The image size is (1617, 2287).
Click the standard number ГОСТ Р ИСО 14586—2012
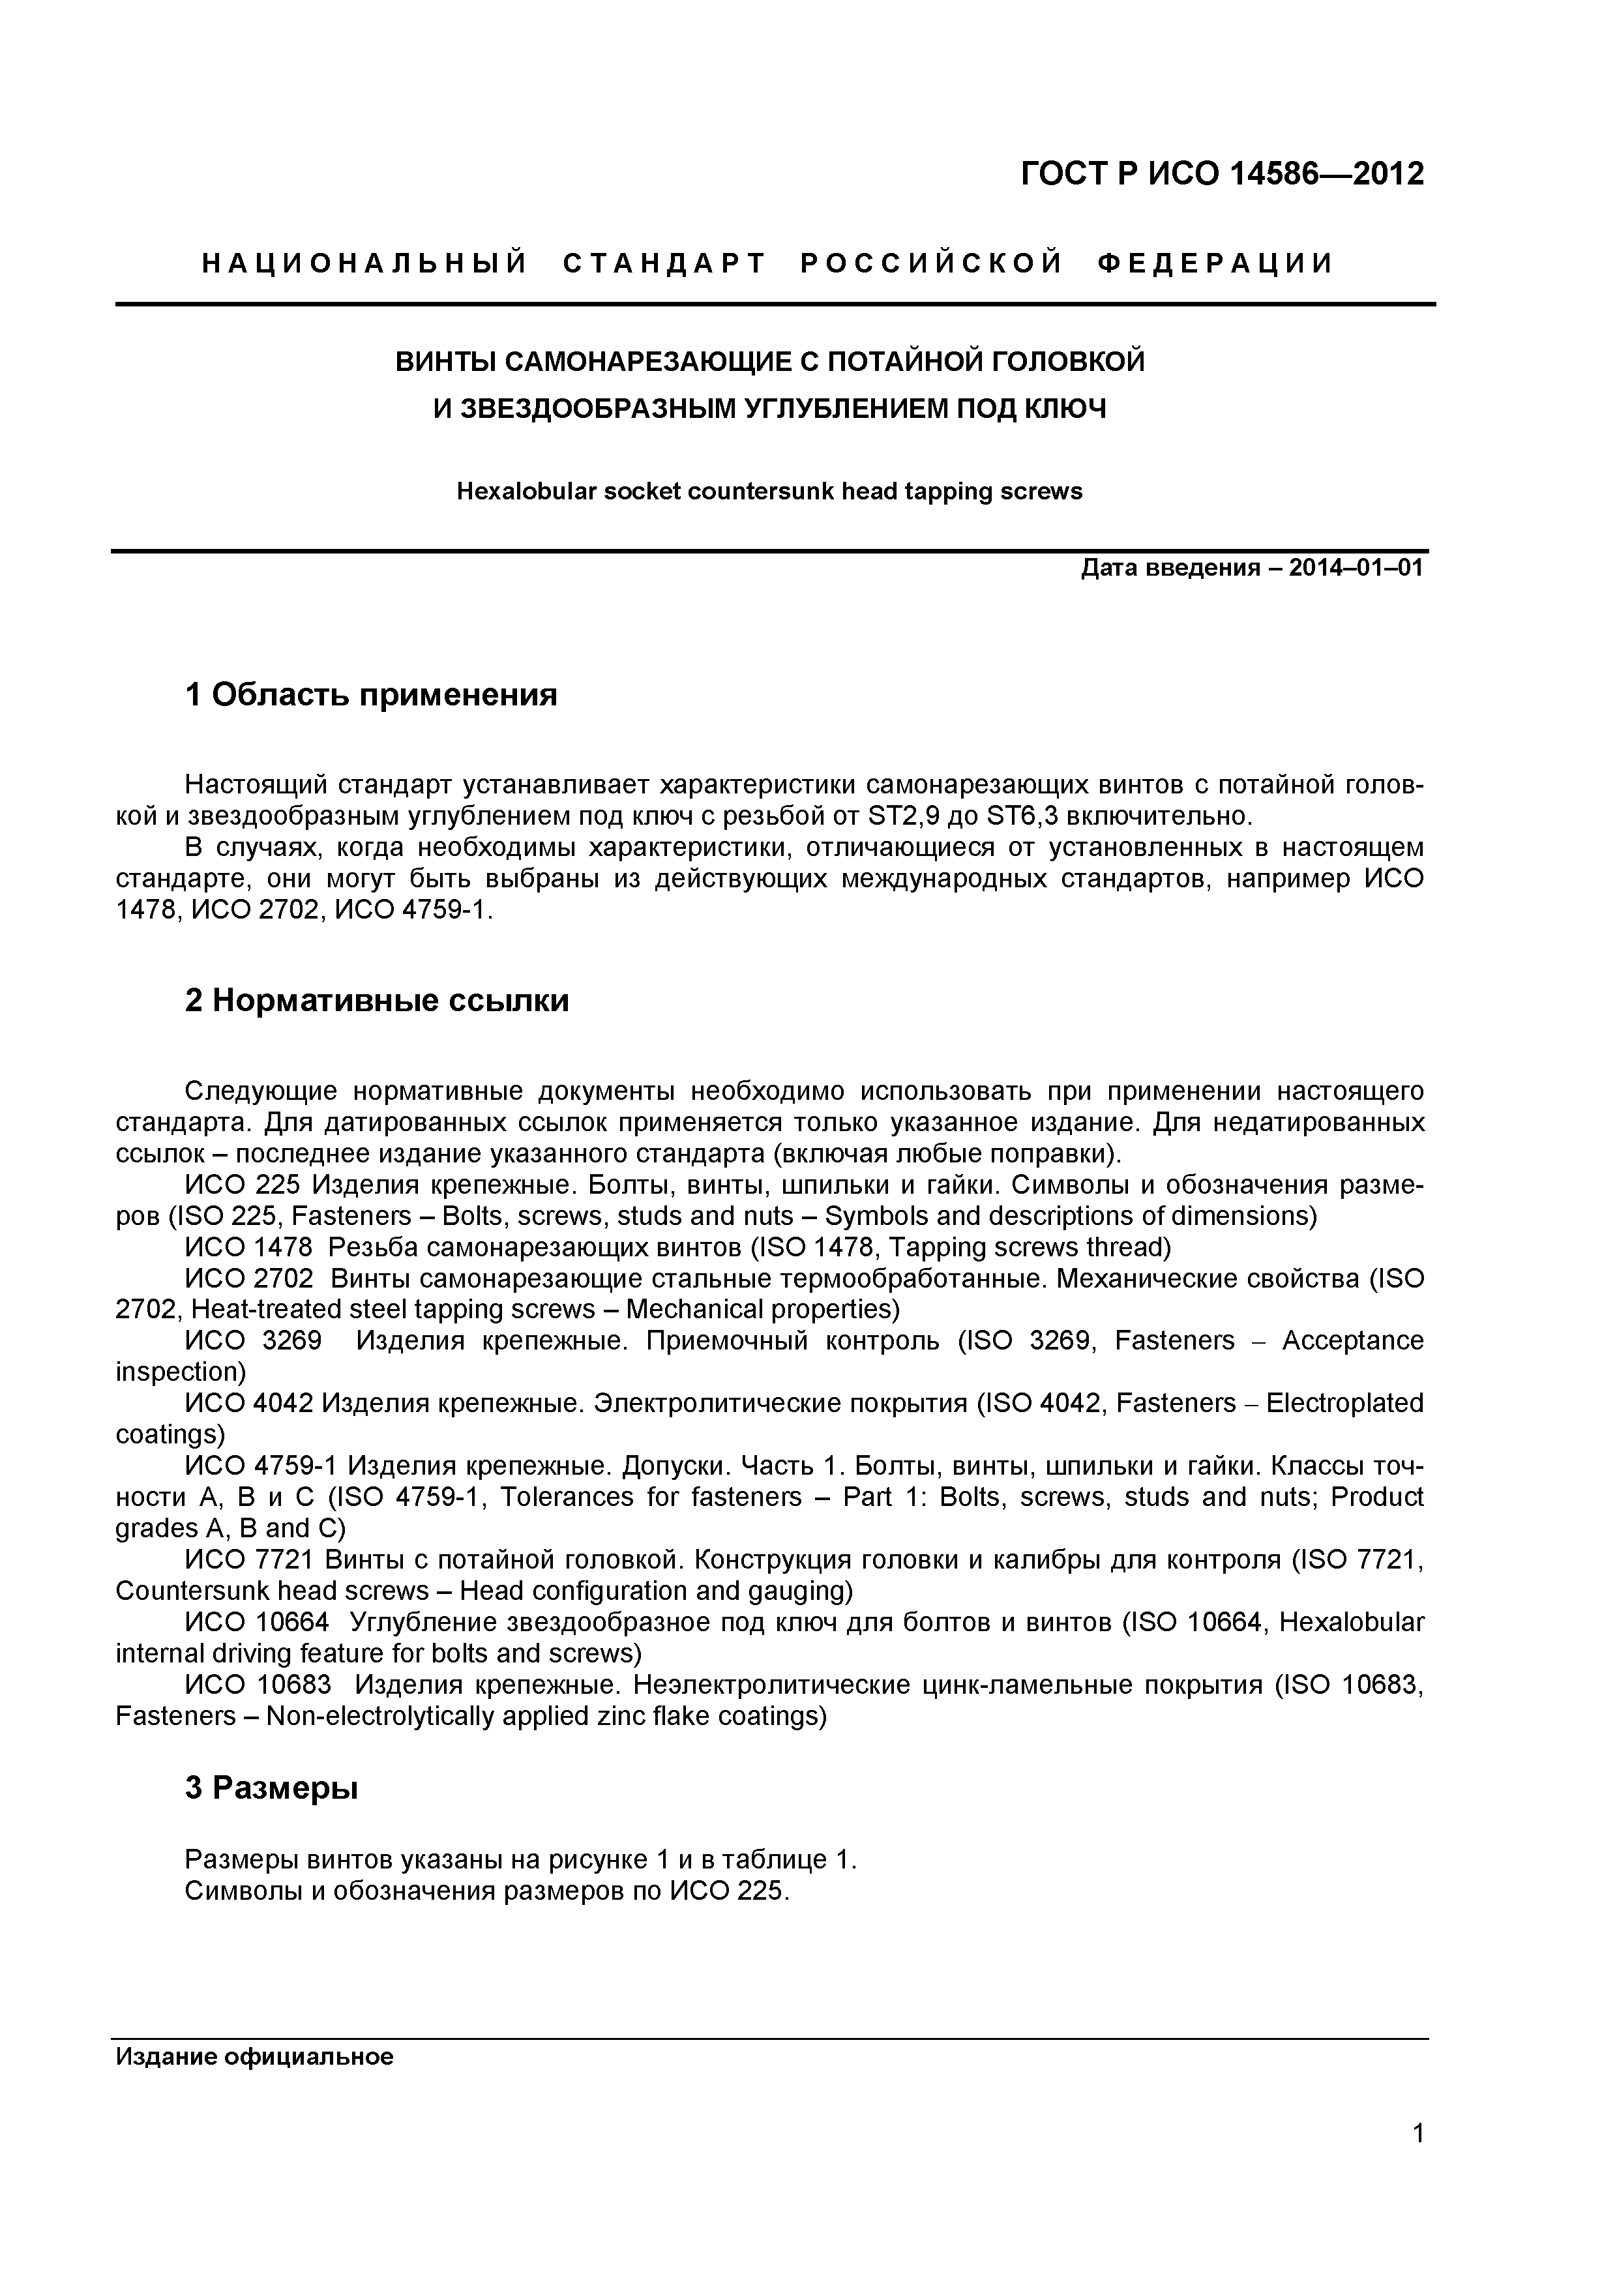(1223, 174)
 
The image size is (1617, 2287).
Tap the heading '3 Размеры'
(271, 1788)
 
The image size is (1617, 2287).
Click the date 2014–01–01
(1356, 568)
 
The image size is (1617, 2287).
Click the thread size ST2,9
(900, 817)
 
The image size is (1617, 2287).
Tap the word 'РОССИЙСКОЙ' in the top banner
(932, 264)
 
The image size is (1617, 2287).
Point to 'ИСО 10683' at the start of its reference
(258, 1685)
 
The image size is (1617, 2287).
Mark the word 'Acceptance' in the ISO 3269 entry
(1352, 1341)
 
